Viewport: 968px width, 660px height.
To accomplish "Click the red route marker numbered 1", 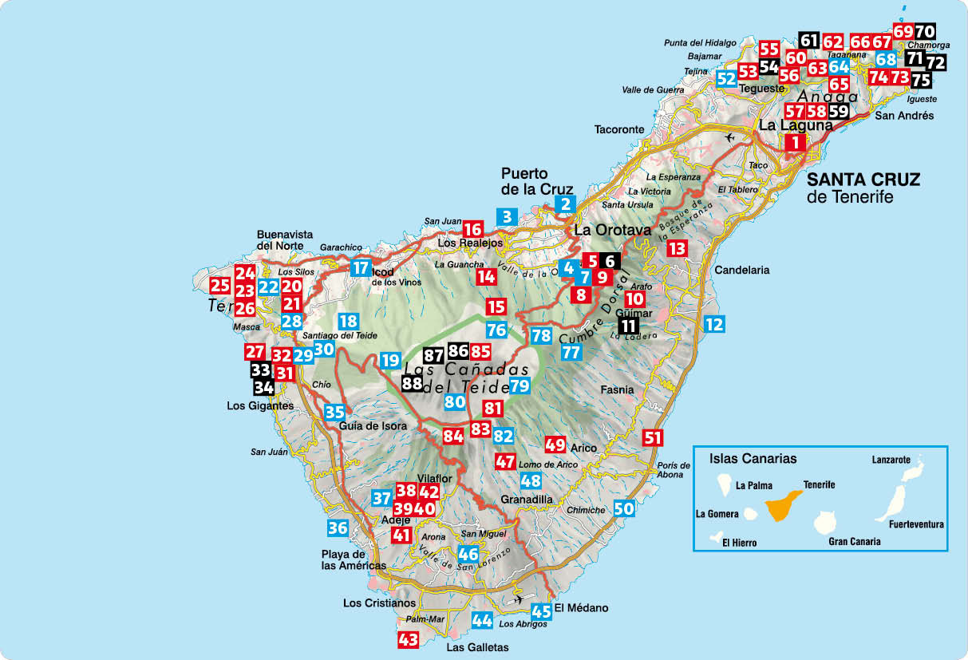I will click(795, 143).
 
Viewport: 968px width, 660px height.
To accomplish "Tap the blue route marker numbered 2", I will click(565, 204).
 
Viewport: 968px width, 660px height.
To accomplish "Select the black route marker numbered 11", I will click(629, 325).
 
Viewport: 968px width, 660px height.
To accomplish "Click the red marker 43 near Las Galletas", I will click(408, 639).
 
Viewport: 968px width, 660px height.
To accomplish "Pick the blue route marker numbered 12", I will click(714, 324).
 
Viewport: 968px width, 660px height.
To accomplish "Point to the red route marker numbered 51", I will click(653, 437).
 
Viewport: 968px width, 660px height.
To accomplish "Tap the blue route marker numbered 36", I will click(338, 528).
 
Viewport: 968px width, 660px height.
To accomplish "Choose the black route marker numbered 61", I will click(808, 40).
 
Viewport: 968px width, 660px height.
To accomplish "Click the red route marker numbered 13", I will click(677, 248).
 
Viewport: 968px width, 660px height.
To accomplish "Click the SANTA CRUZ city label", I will click(863, 180).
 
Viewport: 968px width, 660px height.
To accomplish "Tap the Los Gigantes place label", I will click(260, 406).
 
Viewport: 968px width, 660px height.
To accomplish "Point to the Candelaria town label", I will click(742, 270).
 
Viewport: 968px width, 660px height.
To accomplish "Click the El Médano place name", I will click(581, 608).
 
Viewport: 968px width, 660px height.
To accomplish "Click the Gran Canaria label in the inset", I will click(855, 541).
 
